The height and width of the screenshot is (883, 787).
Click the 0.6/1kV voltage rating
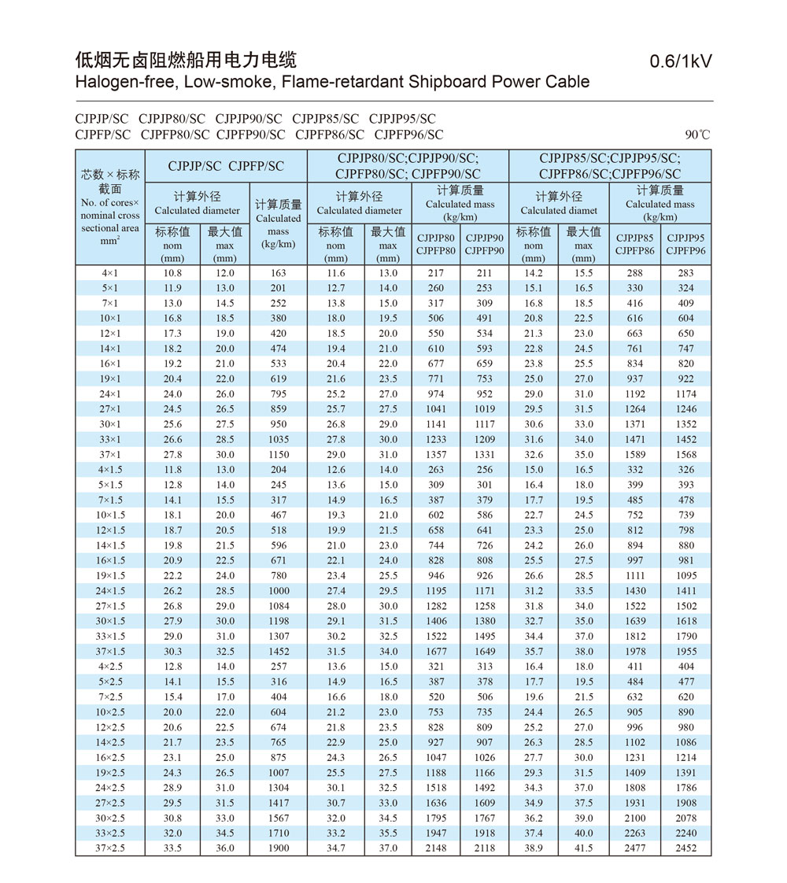pyautogui.click(x=681, y=61)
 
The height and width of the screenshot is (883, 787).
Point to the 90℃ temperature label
pyautogui.click(x=698, y=135)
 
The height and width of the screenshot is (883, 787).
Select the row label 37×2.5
pyautogui.click(x=110, y=848)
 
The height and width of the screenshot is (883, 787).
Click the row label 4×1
pyautogui.click(x=110, y=273)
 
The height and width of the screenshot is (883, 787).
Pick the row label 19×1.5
pyautogui.click(x=110, y=576)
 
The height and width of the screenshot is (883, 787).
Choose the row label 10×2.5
pyautogui.click(x=110, y=712)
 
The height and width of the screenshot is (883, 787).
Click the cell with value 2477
pyautogui.click(x=635, y=848)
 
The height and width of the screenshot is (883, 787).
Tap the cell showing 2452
pyautogui.click(x=685, y=848)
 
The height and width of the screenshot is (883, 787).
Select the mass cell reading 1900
pyautogui.click(x=278, y=848)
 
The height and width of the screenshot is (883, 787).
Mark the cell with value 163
pyautogui.click(x=278, y=273)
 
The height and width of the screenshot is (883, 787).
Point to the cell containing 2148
pyautogui.click(x=436, y=848)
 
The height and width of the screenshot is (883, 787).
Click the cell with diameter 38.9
pyautogui.click(x=534, y=848)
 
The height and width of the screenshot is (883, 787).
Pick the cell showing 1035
pyautogui.click(x=278, y=440)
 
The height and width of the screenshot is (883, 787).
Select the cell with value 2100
pyautogui.click(x=635, y=818)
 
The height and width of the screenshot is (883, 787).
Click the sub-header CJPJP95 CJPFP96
pyautogui.click(x=685, y=244)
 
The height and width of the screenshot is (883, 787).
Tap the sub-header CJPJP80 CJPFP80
pyautogui.click(x=436, y=244)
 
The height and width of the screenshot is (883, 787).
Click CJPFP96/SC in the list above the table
pyautogui.click(x=408, y=135)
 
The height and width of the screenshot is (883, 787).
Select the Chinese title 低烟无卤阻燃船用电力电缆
pyautogui.click(x=186, y=60)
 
